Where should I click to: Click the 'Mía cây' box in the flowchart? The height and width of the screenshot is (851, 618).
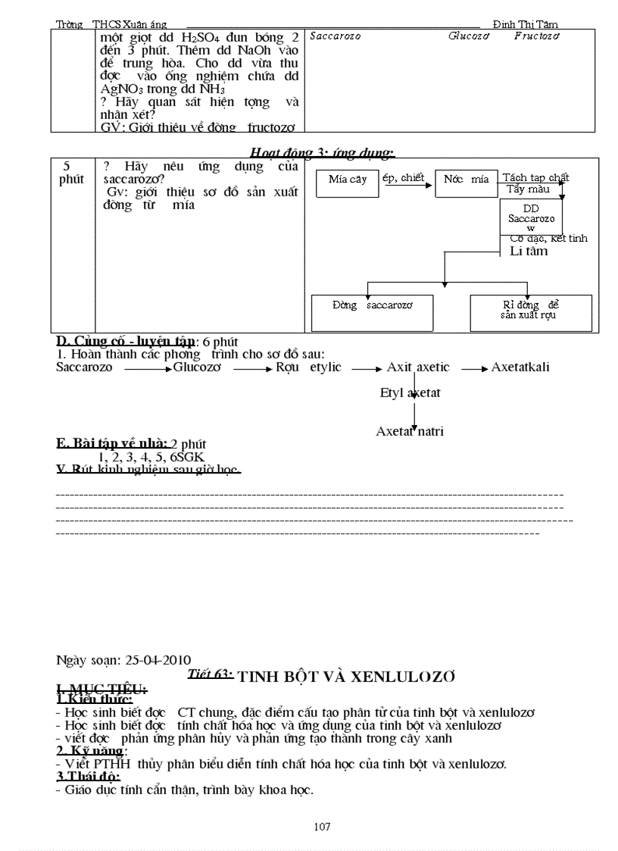tap(348, 181)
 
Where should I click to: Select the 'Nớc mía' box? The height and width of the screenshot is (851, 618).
tap(466, 180)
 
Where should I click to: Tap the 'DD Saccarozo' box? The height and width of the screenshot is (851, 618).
tap(531, 217)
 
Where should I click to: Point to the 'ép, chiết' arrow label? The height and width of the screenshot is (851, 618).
tap(404, 177)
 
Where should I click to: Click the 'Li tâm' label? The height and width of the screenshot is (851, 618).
tap(529, 251)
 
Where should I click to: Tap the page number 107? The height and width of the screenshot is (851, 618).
tap(322, 827)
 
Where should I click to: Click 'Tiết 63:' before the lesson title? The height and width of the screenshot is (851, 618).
tap(210, 674)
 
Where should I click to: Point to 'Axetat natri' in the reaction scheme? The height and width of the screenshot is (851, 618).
tap(410, 431)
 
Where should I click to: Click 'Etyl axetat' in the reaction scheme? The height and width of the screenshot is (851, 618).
tap(410, 393)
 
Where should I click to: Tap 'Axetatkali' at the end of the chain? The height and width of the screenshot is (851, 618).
tap(520, 368)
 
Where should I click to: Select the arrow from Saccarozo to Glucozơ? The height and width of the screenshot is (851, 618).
tap(147, 369)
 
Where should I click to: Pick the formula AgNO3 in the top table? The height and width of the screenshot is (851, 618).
tap(120, 89)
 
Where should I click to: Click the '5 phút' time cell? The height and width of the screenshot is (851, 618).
tap(71, 173)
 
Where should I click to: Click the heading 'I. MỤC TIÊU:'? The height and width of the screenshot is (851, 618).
tap(102, 688)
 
